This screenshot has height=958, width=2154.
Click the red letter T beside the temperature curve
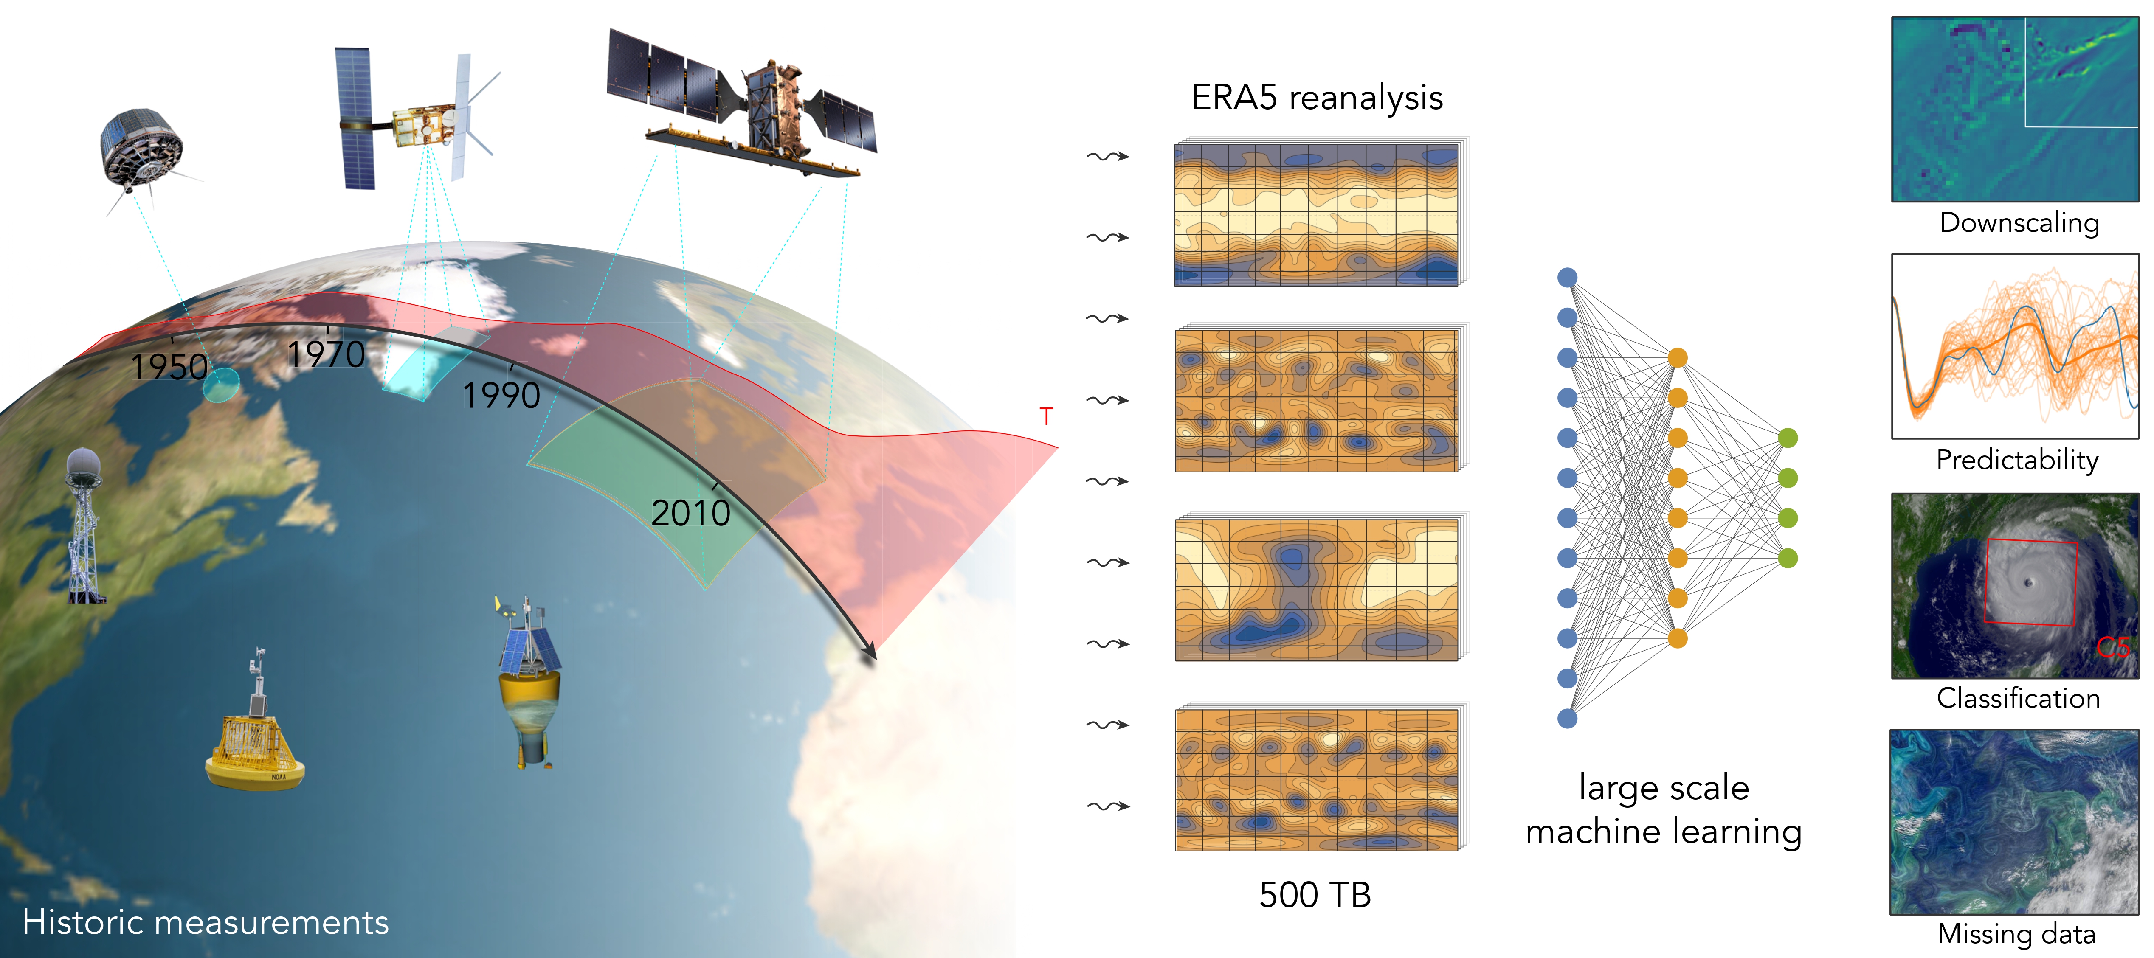pos(1046,416)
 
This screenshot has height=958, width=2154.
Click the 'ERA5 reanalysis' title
pos(1317,98)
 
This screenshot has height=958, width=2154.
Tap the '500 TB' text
pos(1315,894)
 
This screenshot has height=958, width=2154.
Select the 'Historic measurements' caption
pos(206,922)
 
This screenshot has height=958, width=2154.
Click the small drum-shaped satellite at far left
pos(142,151)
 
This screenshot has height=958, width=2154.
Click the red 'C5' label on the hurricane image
pos(2113,647)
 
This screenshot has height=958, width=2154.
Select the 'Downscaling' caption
pos(2019,223)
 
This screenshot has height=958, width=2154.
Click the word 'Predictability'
pos(2018,460)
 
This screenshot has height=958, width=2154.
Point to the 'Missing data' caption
pos(2017,934)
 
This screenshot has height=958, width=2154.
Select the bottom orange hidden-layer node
pos(1677,639)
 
